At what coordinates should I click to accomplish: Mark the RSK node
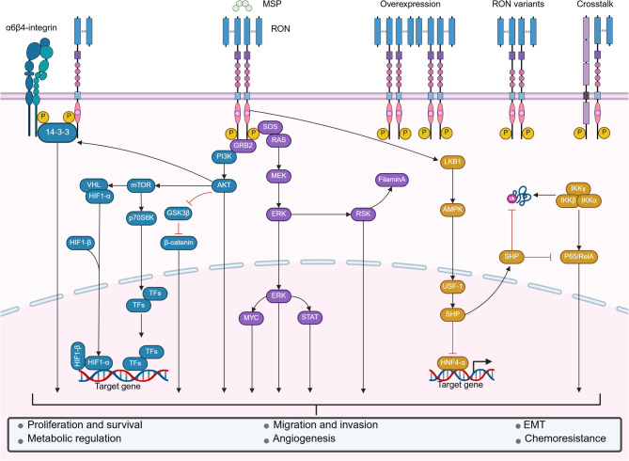click(362, 213)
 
